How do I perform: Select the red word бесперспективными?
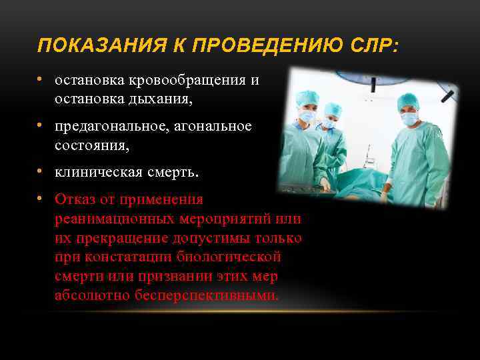point(212,295)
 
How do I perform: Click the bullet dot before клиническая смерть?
point(41,171)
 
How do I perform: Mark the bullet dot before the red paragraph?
point(41,198)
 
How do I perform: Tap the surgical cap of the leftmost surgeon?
point(307,98)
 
